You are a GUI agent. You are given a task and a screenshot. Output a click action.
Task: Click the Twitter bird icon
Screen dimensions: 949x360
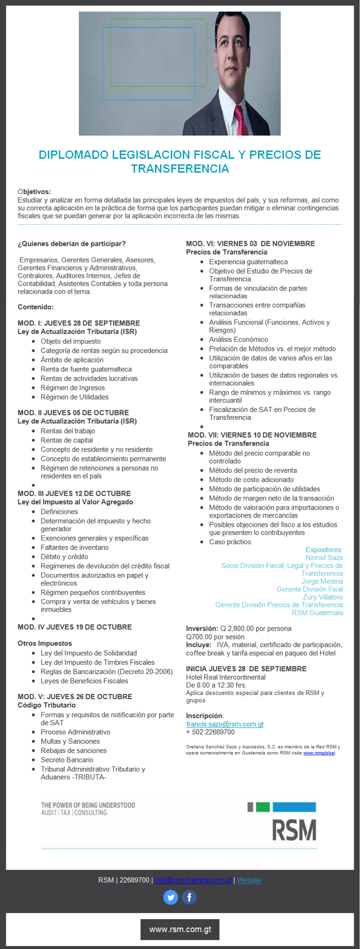point(171,898)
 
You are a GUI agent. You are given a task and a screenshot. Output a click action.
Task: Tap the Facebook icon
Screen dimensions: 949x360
point(189,898)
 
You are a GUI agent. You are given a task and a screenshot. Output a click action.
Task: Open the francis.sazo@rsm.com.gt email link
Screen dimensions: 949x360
point(225,724)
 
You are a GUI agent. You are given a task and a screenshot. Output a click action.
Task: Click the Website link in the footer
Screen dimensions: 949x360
point(249,880)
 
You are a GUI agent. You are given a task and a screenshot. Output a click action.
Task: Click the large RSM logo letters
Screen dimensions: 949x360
point(294,830)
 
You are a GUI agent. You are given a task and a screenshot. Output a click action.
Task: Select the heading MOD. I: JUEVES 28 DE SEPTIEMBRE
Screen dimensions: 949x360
point(79,323)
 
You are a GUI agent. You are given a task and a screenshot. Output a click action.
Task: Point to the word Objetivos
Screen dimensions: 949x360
point(34,192)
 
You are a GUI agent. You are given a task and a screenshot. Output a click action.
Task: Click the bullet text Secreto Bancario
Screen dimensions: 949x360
point(67,760)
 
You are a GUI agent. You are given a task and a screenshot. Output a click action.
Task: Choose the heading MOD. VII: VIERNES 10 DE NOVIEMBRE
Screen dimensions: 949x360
point(252,435)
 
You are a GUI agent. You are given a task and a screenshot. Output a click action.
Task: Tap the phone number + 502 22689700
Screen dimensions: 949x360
point(210,732)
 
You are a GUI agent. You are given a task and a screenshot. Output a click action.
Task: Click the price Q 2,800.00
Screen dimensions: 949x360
point(237,629)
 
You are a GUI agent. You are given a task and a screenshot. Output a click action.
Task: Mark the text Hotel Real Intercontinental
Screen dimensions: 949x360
point(226,677)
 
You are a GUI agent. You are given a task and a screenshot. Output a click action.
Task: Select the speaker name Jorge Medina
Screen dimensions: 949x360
point(322,581)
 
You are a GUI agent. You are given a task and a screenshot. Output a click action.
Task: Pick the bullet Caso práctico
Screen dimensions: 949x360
point(230,542)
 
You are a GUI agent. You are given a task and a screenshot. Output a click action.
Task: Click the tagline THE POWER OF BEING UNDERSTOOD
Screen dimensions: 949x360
point(88,805)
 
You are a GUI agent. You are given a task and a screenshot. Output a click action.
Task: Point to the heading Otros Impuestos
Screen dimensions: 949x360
point(45,643)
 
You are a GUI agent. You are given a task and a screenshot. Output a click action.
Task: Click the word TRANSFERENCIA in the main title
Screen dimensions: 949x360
point(180,169)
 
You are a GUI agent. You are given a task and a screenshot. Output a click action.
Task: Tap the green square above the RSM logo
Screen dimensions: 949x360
point(263,807)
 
